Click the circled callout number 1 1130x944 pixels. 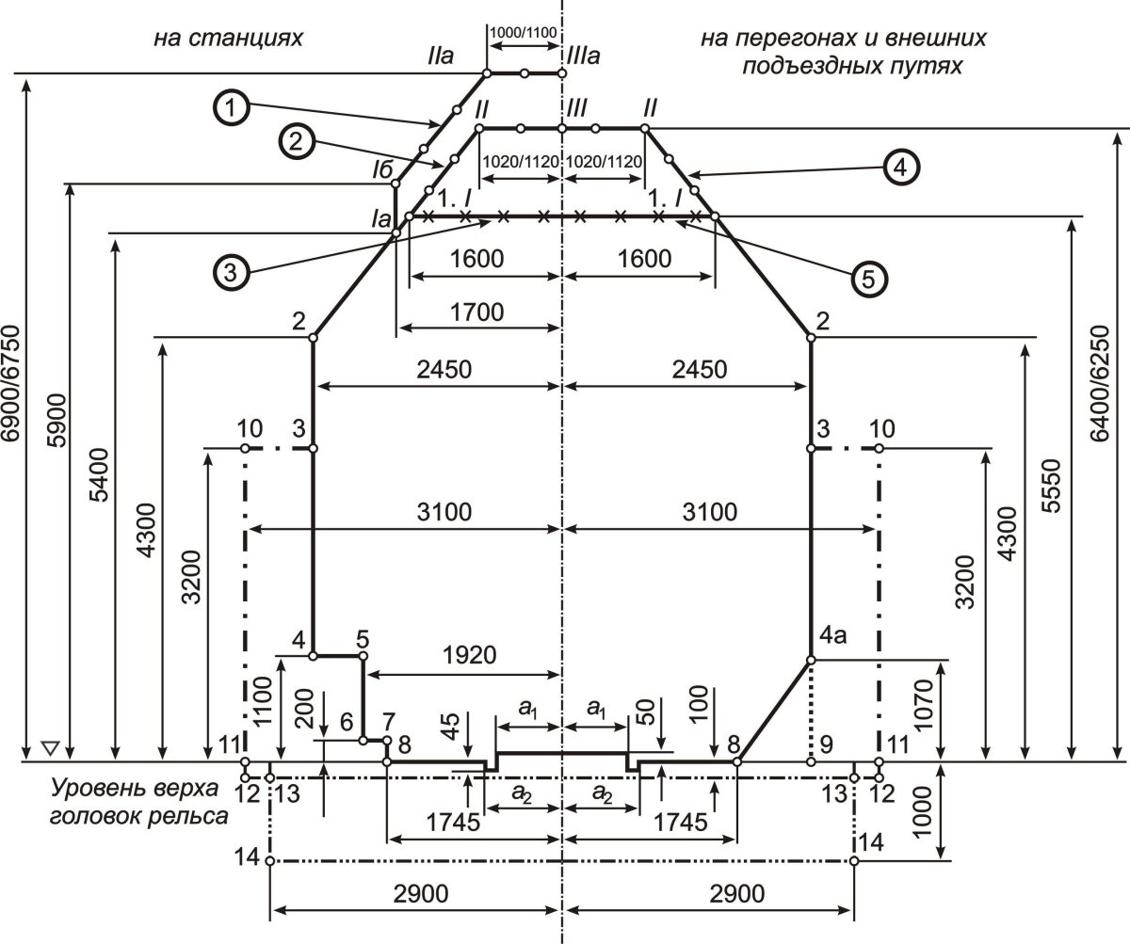pos(232,107)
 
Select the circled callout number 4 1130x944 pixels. pos(900,168)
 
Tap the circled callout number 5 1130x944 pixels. pos(868,280)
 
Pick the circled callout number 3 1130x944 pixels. pos(231,272)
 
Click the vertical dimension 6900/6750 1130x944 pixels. pos(11,382)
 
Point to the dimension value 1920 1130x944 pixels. pos(469,655)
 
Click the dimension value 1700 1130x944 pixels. pos(476,312)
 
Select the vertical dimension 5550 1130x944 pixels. pos(1052,486)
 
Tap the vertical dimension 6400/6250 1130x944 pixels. pos(1100,383)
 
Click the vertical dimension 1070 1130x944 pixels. pos(923,705)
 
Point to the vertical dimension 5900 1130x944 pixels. pos(56,420)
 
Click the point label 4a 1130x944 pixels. pos(832,636)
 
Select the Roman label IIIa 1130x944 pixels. pos(583,56)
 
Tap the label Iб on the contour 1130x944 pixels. pos(382,170)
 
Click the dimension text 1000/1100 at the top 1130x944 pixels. pos(523,32)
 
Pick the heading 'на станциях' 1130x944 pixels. pos(228,39)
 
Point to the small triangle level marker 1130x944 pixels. pos(50,748)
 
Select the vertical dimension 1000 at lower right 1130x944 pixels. pos(922,811)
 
